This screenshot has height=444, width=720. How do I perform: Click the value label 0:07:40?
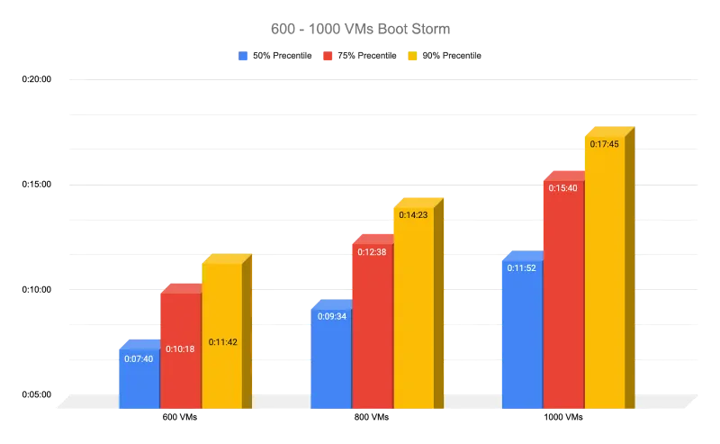[x=138, y=358]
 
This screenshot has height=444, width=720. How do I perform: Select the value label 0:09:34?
[x=329, y=315]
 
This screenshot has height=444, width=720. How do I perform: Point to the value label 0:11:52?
[x=521, y=267]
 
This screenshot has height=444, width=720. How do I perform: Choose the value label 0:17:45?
[x=604, y=143]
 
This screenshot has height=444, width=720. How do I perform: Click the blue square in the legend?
[x=243, y=57]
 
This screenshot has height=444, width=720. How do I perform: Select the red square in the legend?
[x=329, y=57]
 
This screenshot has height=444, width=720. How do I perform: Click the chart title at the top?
[x=360, y=29]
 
